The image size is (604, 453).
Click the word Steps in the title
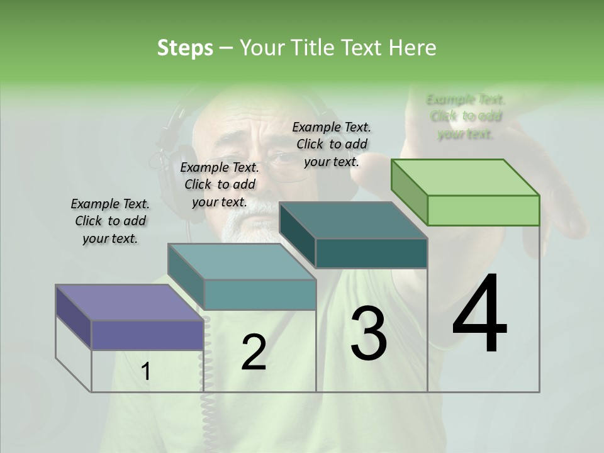185,48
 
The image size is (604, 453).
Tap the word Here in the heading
412,48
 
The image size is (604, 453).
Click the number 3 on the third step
369,333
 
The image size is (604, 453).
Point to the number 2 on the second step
254,352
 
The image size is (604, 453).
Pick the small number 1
145,372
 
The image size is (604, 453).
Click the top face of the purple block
129,302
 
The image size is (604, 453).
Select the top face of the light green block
466,177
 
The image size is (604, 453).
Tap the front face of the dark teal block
371,254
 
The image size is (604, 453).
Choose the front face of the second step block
260,294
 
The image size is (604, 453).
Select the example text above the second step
220,185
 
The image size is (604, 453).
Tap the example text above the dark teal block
332,144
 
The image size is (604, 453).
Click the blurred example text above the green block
466,116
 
